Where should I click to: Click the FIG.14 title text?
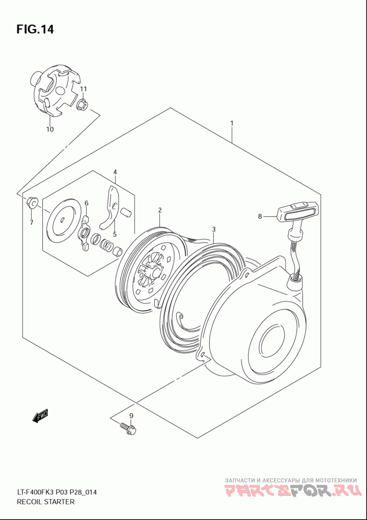[35, 30]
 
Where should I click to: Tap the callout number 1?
[232, 123]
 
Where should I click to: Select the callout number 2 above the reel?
[160, 210]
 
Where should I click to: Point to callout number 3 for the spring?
[214, 229]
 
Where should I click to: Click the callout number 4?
[115, 172]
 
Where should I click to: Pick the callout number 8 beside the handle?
[260, 216]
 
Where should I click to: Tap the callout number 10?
[50, 129]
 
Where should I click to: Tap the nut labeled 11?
[83, 105]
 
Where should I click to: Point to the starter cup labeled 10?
[53, 92]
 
